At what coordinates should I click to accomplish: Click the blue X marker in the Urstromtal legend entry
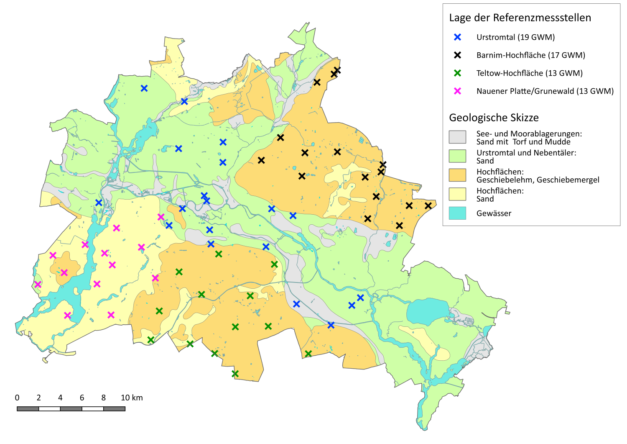coord(457,37)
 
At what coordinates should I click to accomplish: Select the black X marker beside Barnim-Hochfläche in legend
coord(457,55)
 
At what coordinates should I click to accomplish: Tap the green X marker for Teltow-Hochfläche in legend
coord(457,73)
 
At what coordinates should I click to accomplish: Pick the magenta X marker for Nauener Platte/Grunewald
coord(457,91)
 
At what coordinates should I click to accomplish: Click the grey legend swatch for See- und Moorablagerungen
coord(457,137)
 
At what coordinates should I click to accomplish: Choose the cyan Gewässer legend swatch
coord(457,213)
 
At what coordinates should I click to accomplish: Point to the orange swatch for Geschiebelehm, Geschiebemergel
coord(457,175)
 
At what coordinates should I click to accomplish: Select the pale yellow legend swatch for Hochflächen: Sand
coord(457,194)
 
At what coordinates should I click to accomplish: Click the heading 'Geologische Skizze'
coord(494,118)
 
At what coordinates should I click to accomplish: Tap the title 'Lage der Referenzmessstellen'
coord(520,18)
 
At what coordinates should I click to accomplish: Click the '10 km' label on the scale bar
coord(132,398)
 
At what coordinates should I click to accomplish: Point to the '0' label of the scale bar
coord(17,398)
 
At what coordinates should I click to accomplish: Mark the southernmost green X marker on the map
coord(235,373)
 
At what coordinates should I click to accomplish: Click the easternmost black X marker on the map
coord(428,205)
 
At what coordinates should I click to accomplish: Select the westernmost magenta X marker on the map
coord(38,285)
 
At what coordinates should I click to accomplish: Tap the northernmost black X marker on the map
coord(337,70)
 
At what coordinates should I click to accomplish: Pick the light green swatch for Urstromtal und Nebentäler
coord(457,156)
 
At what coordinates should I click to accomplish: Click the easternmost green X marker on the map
coord(308,354)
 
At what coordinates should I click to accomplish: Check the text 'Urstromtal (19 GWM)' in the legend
coord(515,37)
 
